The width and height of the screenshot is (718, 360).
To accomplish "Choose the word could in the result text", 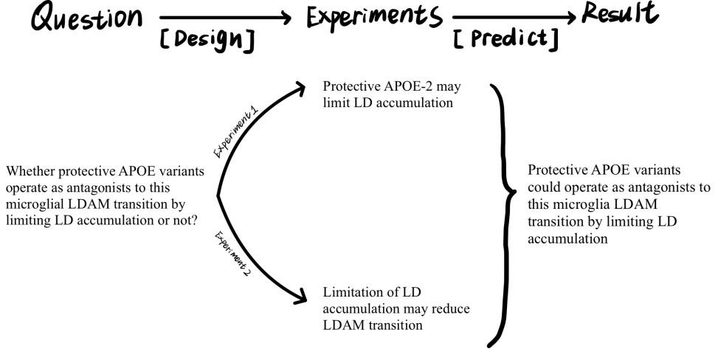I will [x=544, y=186].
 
